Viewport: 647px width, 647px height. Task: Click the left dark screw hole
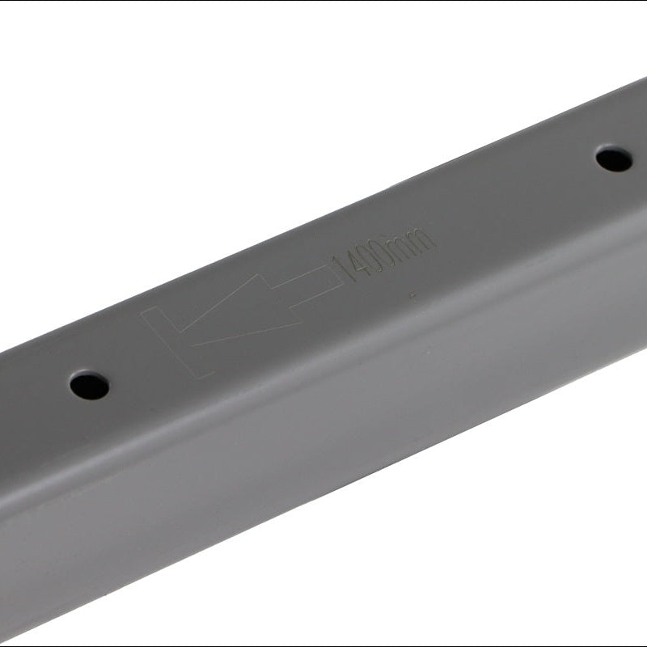(90, 386)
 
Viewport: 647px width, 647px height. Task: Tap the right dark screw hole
(614, 159)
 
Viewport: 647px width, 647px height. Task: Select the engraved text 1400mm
(383, 255)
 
